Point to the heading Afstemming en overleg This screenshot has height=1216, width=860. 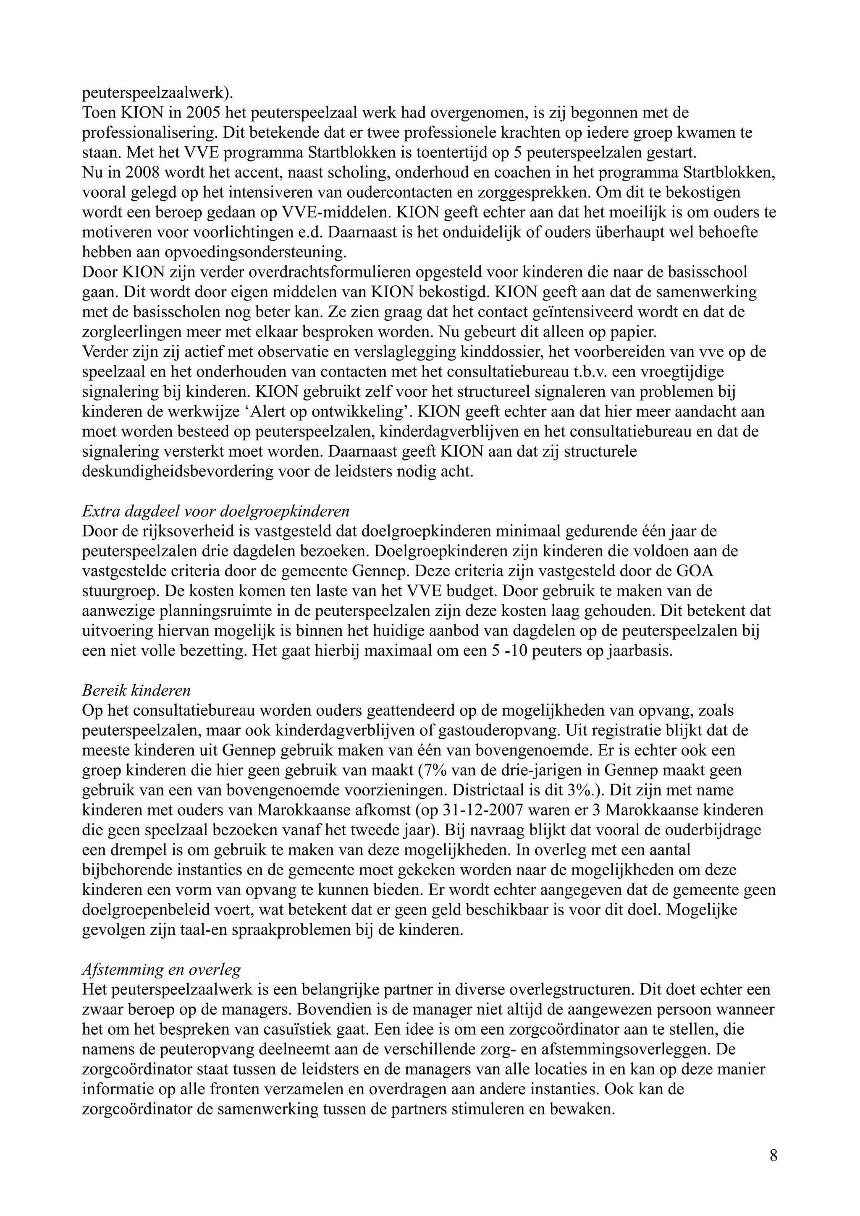[x=162, y=969]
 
